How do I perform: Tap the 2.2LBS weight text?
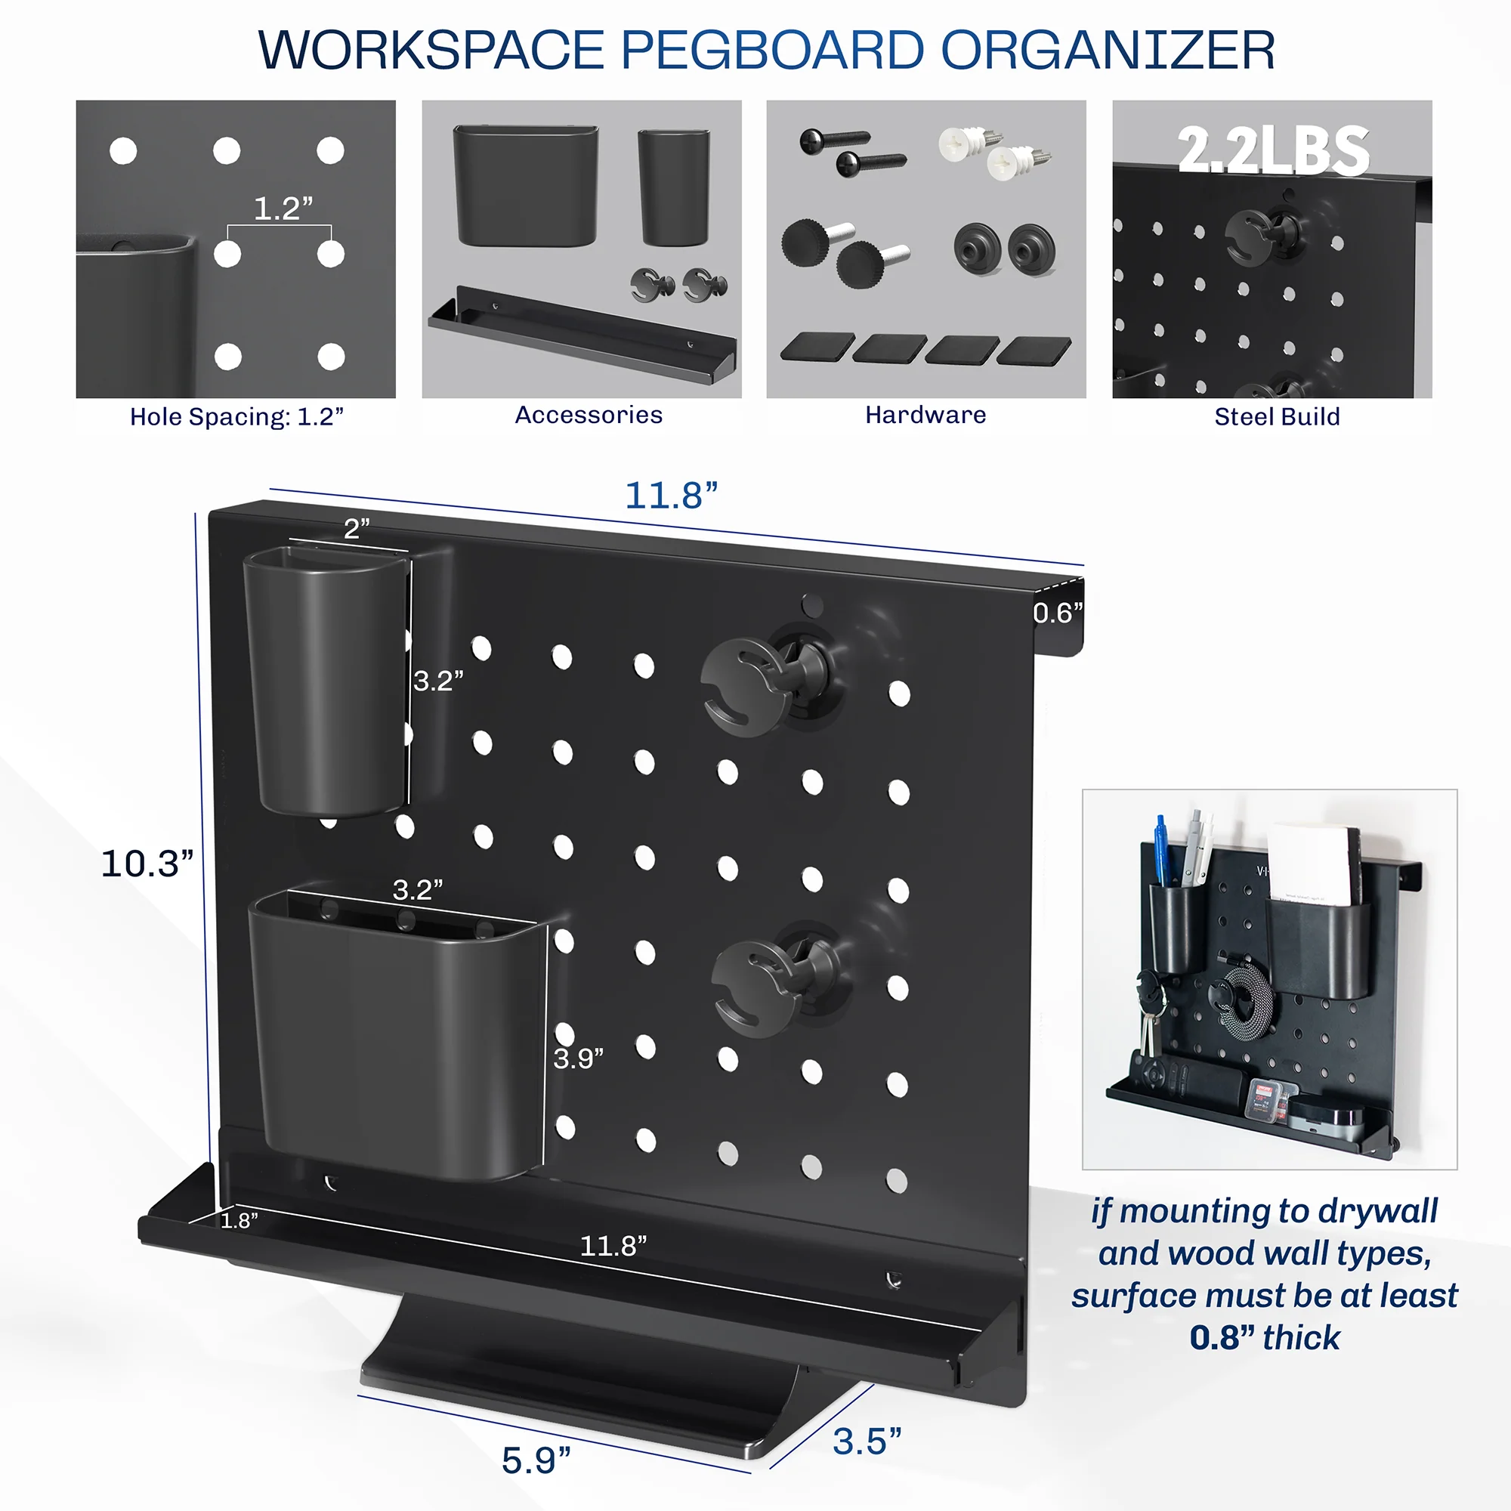pos(1272,150)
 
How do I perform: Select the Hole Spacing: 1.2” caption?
pos(236,417)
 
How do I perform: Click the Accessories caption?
pos(588,415)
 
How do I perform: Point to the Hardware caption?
pos(925,415)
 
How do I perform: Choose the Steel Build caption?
pos(1276,417)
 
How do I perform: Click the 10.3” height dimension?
pos(147,864)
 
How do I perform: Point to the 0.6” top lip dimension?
pos(1058,613)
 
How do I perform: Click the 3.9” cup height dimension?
pos(578,1059)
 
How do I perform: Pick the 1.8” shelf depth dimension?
pos(239,1220)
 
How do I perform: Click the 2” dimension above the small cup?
pos(357,529)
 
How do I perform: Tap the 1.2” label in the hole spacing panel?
pos(283,209)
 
